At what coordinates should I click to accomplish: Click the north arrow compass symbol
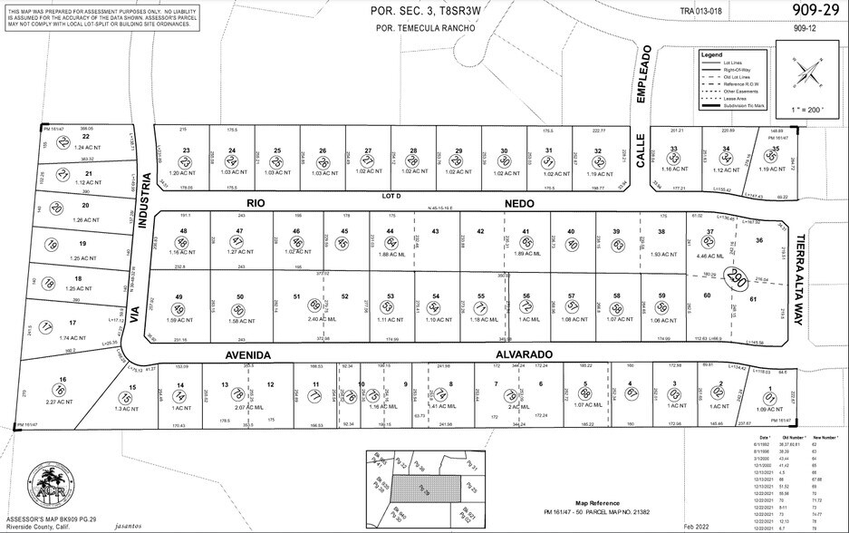[806, 72]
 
